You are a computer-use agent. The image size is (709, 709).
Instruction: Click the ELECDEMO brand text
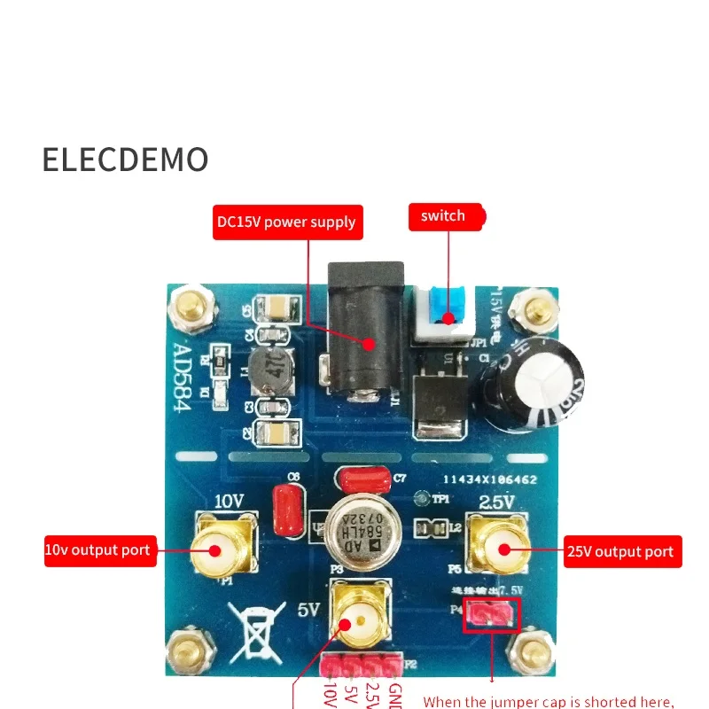pyautogui.click(x=125, y=160)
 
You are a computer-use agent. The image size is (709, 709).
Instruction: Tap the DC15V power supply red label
pyautogui.click(x=286, y=222)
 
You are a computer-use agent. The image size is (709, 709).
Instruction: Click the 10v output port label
pyautogui.click(x=99, y=550)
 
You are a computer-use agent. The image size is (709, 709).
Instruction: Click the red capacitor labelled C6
pyautogui.click(x=286, y=512)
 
